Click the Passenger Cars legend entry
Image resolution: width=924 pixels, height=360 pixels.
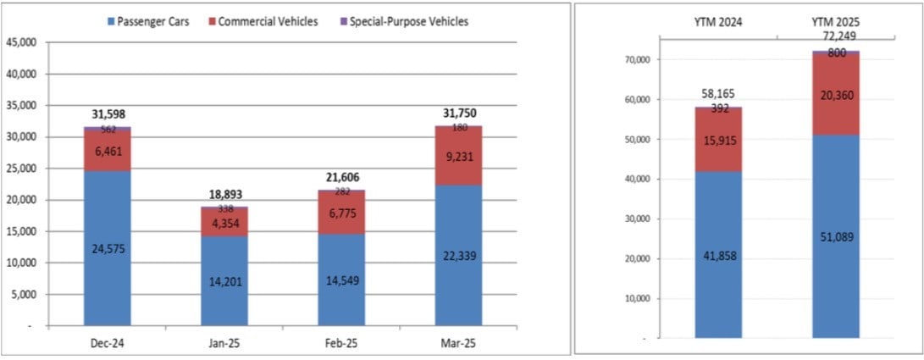(148, 21)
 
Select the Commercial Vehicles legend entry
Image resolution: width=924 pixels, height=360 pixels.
(262, 21)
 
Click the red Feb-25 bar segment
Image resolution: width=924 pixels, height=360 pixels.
(341, 211)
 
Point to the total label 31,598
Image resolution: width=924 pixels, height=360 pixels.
(107, 114)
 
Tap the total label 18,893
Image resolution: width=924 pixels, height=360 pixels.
(224, 194)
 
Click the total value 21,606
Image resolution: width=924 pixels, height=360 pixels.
(341, 177)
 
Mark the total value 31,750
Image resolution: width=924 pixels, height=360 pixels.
(458, 114)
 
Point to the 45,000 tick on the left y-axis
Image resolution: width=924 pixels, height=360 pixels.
(20, 42)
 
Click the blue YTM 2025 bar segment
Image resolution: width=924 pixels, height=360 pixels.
(836, 236)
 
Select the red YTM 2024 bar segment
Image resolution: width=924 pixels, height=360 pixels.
(718, 139)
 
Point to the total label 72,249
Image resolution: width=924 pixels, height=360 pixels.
(836, 37)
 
